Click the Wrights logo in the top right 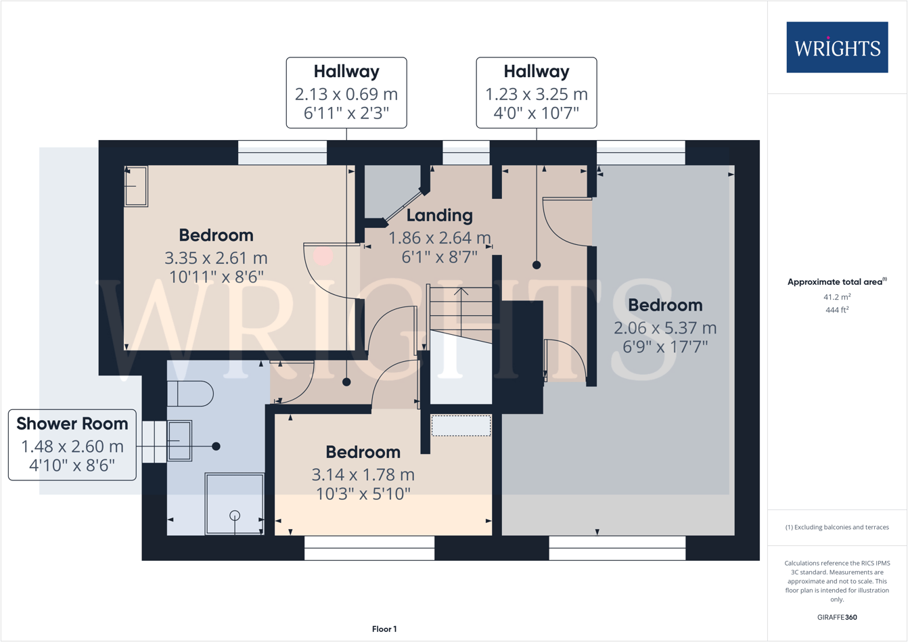pos(837,47)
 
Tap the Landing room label pos(439,215)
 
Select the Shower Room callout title pos(72,423)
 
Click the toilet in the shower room pos(189,394)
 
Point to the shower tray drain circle pos(235,515)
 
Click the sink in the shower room pos(179,440)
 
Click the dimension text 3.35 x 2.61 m pos(216,258)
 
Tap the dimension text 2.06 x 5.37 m pos(664,328)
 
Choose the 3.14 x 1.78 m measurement pos(363,475)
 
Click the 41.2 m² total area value pos(837,297)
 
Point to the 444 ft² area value pos(837,310)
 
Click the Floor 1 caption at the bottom pos(384,629)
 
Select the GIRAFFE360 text pos(837,617)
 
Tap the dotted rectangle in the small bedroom pos(461,426)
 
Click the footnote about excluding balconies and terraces pos(837,527)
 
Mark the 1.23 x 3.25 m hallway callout pos(537,94)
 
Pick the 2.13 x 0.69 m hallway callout pos(346,94)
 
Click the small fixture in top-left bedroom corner pos(136,186)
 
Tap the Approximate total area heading pos(837,281)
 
